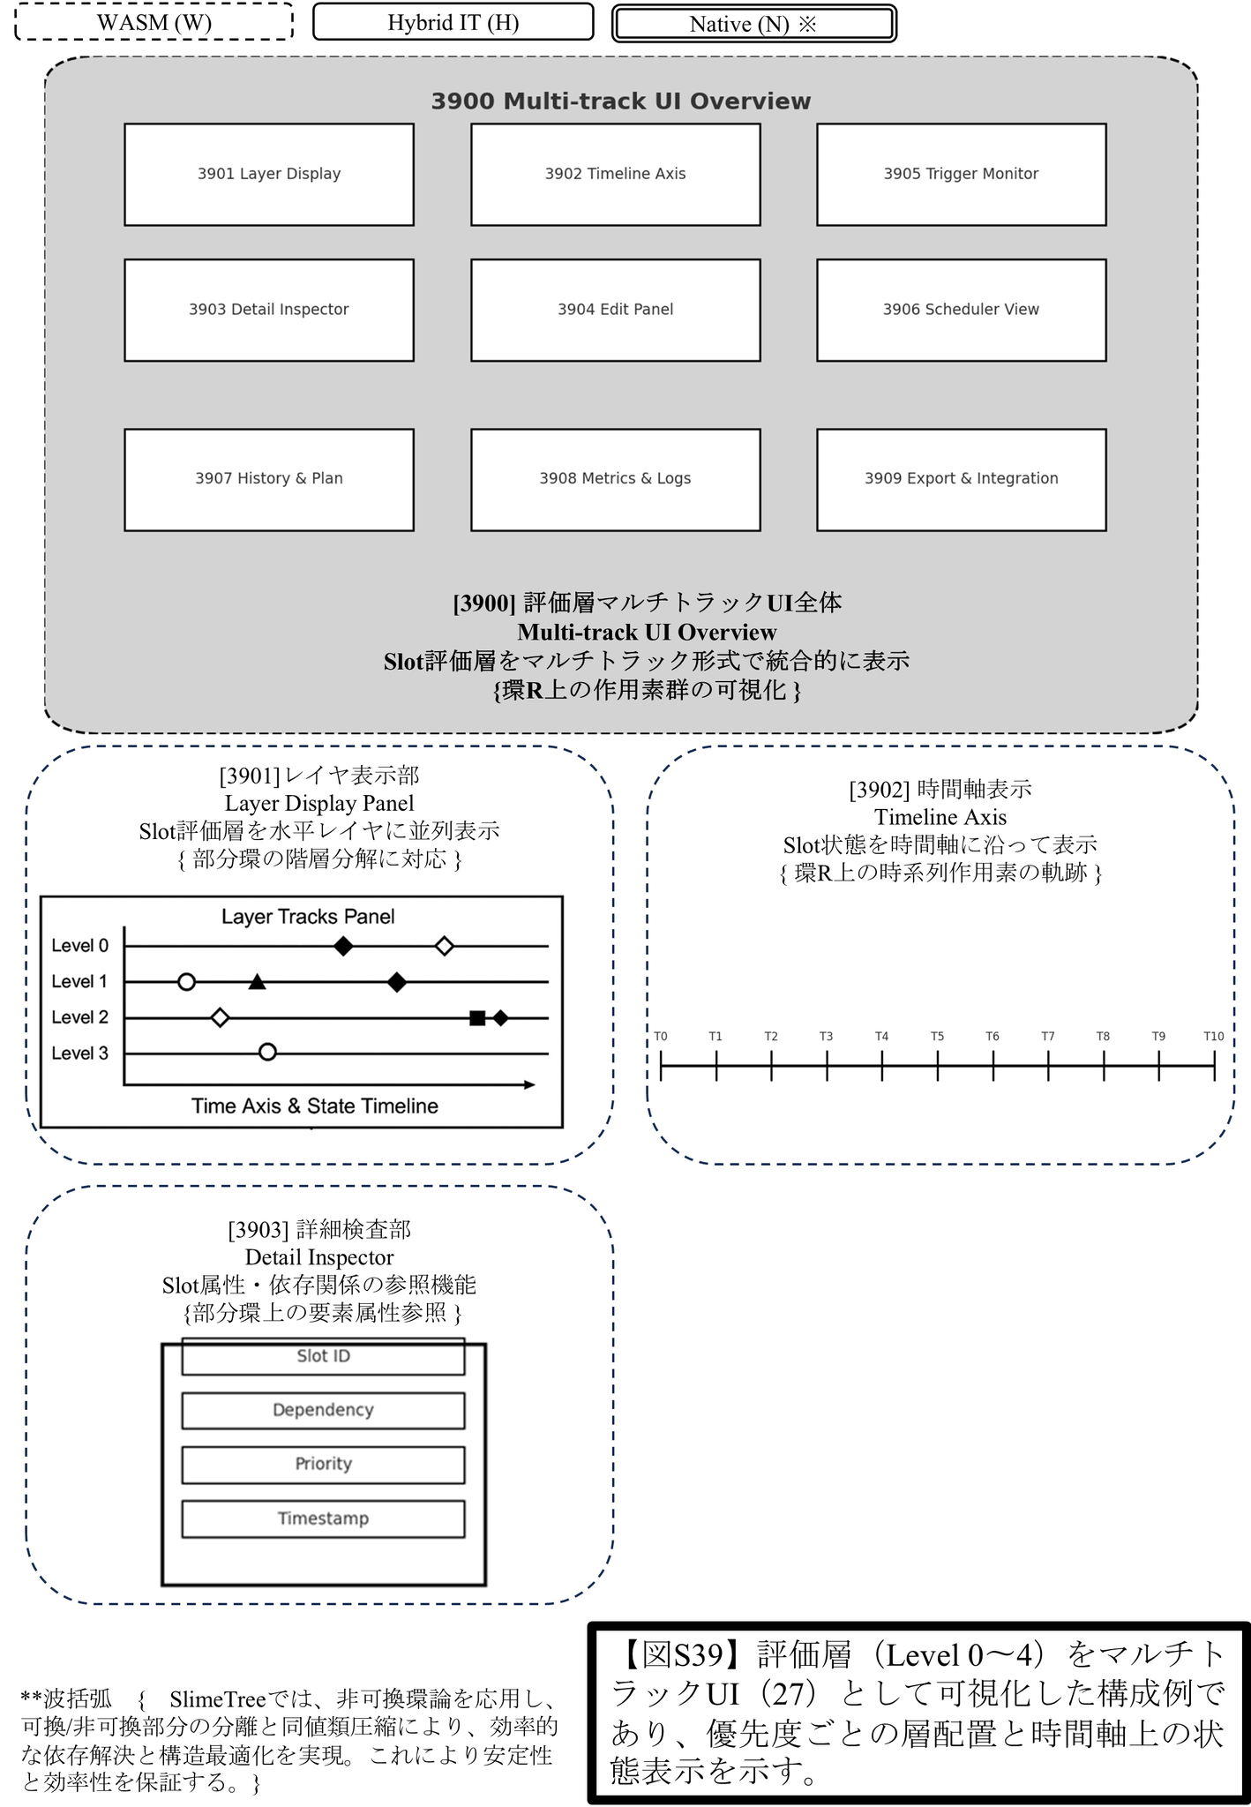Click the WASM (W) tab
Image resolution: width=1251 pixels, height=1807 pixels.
coord(154,22)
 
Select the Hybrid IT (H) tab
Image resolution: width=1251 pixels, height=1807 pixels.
coord(453,22)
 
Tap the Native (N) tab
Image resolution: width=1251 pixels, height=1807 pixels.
coord(754,24)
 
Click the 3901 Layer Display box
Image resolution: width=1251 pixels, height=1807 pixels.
coord(269,175)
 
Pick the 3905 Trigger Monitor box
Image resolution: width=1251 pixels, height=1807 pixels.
coord(961,175)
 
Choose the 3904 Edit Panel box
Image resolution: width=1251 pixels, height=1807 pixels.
coord(615,310)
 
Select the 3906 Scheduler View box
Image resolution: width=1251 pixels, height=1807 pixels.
coord(961,310)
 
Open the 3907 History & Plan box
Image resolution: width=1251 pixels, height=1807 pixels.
coord(269,479)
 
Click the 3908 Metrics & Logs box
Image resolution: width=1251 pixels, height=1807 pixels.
coord(615,479)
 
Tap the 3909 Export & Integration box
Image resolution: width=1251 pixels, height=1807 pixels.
coord(961,479)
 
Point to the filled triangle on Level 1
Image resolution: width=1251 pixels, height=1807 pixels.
coord(257,982)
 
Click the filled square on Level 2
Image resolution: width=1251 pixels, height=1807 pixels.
coord(477,1018)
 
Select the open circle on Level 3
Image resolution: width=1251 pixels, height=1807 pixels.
coord(268,1053)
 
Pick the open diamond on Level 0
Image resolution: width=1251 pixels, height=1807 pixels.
coord(445,947)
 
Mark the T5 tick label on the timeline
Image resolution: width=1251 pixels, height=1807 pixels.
coord(937,1037)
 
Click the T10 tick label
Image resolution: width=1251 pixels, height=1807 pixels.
coord(1213,1037)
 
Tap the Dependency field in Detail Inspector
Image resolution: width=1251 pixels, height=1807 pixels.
coord(323,1410)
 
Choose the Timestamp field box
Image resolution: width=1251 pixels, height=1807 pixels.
coord(323,1518)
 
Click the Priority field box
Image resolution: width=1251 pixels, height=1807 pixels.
coord(323,1464)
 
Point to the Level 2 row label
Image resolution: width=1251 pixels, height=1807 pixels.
coord(80,1017)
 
